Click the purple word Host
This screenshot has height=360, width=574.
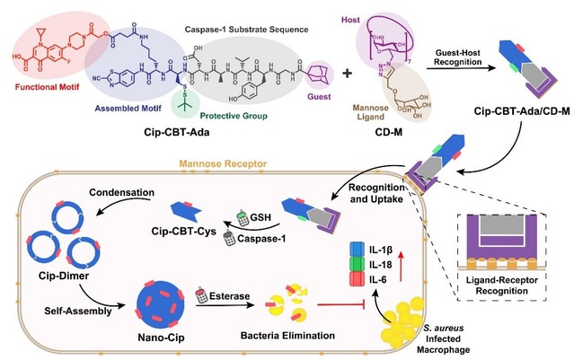[x=351, y=17]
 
